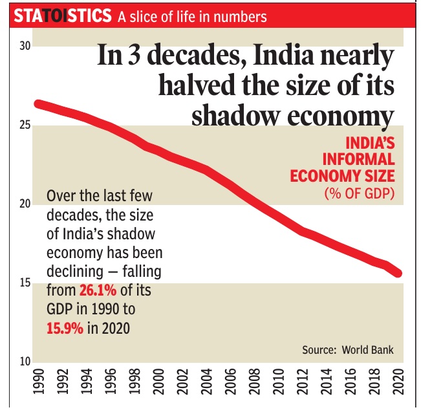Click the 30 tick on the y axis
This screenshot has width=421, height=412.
point(25,47)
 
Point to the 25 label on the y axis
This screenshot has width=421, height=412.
point(25,125)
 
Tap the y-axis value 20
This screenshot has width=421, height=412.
point(25,204)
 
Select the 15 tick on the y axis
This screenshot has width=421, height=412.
point(25,283)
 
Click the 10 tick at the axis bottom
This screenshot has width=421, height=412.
point(25,361)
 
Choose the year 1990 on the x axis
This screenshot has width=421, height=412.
point(38,384)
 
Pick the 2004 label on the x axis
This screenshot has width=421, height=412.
point(207,384)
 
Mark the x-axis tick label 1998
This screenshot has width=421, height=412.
point(135,384)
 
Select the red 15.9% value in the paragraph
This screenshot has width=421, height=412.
point(65,328)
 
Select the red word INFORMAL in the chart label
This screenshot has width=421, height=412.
point(360,158)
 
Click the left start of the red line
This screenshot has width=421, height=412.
point(38,104)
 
